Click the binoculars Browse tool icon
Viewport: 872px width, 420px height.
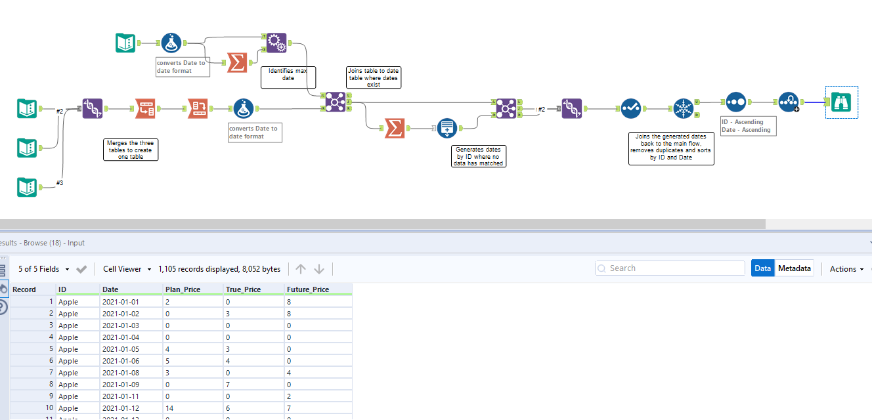(841, 102)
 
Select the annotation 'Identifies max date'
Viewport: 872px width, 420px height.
(288, 77)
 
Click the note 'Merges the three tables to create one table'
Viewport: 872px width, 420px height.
(130, 150)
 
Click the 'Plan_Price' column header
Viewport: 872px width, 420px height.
(183, 289)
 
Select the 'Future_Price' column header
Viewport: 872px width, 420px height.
(308, 289)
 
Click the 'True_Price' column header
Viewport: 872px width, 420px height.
(243, 289)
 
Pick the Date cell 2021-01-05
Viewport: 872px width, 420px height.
(121, 349)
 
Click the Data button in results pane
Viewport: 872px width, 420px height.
(762, 268)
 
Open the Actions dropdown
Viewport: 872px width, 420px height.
(846, 269)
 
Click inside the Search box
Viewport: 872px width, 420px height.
(670, 268)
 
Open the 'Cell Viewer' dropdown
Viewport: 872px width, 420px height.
(127, 269)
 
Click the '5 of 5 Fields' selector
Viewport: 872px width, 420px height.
(43, 269)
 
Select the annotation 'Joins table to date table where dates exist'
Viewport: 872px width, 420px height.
(373, 77)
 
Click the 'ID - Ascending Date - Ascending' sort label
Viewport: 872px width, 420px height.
(747, 126)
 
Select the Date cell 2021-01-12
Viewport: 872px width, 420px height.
(121, 408)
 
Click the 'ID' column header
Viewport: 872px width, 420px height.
(62, 289)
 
